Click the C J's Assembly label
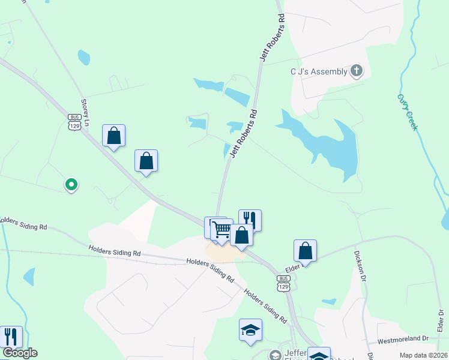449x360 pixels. point(318,72)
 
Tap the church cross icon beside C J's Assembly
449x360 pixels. point(357,71)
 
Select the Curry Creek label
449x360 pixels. point(406,112)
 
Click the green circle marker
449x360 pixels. point(71,184)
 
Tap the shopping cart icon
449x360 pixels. point(221,229)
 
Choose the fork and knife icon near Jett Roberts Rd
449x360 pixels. point(250,220)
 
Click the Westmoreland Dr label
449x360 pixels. point(403,339)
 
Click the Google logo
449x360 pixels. point(19,353)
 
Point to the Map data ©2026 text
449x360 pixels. point(423,355)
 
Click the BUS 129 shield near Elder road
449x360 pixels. point(283,283)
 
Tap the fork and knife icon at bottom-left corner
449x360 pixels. point(11,337)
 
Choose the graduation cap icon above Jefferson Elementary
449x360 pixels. point(250,329)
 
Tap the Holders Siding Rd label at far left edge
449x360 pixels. point(23,224)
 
